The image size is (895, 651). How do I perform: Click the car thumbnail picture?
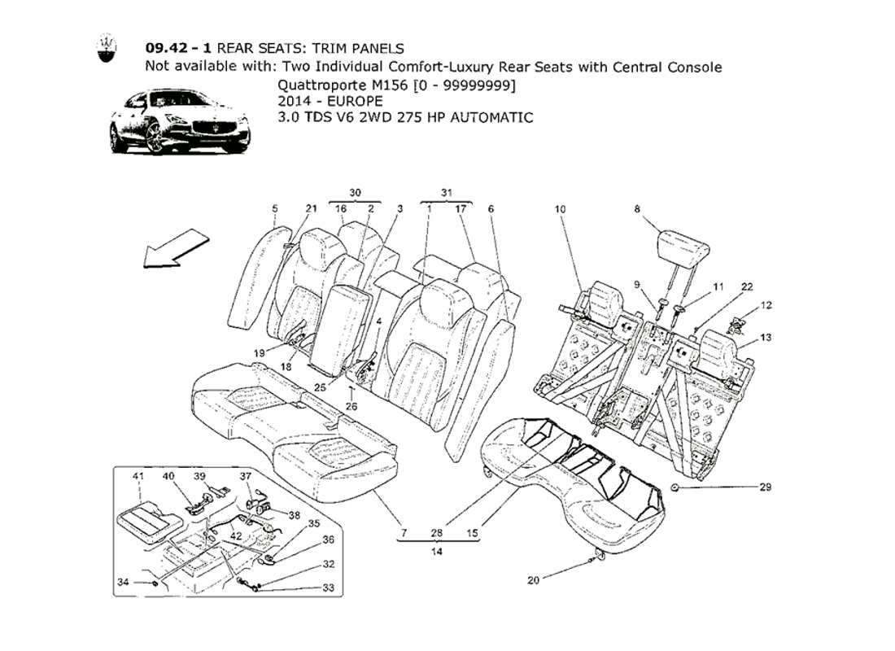[x=180, y=123]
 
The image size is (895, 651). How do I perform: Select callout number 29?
[x=765, y=487]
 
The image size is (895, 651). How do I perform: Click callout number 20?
[x=533, y=580]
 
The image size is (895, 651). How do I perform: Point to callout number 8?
[x=637, y=209]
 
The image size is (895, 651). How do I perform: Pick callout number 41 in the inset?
[x=138, y=476]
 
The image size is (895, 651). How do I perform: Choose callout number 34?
[x=121, y=582]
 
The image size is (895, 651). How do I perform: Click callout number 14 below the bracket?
[x=436, y=551]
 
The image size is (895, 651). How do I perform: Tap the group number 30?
[x=355, y=193]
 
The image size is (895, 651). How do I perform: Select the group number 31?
[x=447, y=193]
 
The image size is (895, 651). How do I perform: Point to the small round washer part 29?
[x=675, y=487]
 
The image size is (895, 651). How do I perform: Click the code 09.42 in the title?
[x=167, y=49]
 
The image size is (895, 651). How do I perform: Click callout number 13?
[x=765, y=337]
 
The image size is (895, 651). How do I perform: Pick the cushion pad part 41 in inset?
[x=145, y=521]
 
